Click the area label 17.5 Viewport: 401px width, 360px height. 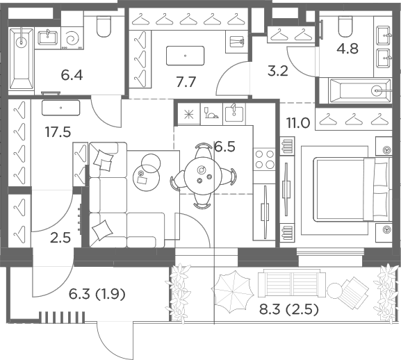(x=58, y=132)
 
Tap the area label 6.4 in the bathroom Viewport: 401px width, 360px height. (x=72, y=76)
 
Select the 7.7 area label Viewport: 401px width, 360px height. (x=186, y=82)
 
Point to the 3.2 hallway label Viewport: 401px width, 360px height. (x=278, y=71)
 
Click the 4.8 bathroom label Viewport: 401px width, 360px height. (x=347, y=49)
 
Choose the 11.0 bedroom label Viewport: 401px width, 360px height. (x=298, y=123)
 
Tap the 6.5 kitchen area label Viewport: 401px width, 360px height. (x=224, y=147)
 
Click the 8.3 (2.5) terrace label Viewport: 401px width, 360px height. (x=289, y=310)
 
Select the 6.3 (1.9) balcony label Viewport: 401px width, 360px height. (x=97, y=294)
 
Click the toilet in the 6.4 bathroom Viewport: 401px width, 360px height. (x=104, y=26)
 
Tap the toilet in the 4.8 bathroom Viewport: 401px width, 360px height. (x=345, y=26)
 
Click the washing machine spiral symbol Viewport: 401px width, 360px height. (x=72, y=39)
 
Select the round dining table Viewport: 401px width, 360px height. (x=202, y=176)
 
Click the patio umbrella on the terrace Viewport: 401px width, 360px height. (x=232, y=291)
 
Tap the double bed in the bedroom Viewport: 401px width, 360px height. (x=352, y=190)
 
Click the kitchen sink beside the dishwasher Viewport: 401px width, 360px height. (x=234, y=114)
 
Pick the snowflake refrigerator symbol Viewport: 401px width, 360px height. (x=189, y=114)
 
